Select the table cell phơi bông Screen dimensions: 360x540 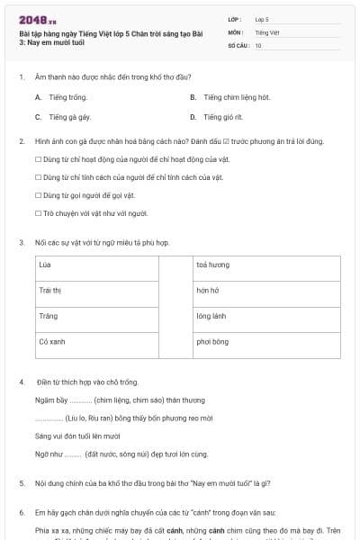point(265,344)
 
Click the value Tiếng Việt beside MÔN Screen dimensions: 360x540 point(267,31)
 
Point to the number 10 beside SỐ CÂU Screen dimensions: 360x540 point(258,45)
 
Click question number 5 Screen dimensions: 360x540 point(21,483)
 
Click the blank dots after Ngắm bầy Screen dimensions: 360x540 point(80,399)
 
